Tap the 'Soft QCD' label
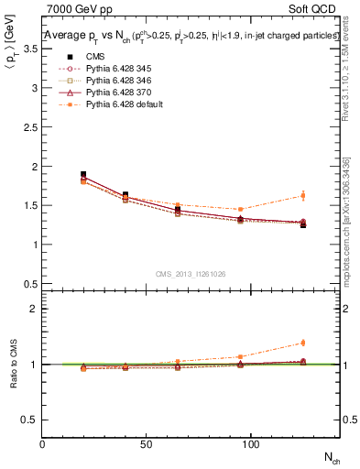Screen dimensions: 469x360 315,10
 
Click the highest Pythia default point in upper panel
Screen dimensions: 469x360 303,195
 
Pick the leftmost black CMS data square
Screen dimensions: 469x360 83,174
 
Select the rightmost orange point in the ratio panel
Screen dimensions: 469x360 303,343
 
